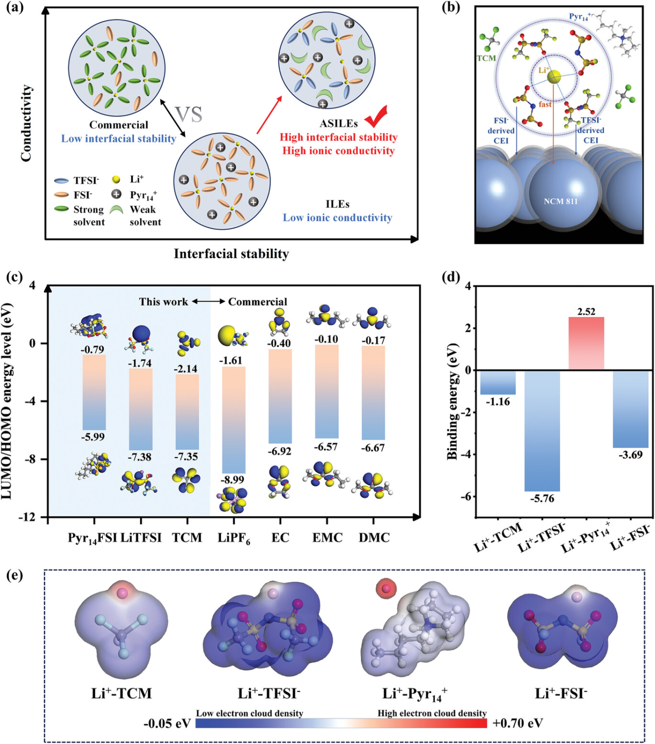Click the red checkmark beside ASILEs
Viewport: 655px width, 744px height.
pyautogui.click(x=376, y=117)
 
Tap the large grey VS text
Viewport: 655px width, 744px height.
pyautogui.click(x=189, y=114)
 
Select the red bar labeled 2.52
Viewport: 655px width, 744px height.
pyautogui.click(x=586, y=343)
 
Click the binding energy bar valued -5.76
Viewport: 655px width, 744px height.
pyautogui.click(x=542, y=430)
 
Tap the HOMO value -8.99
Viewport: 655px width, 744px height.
pyautogui.click(x=232, y=480)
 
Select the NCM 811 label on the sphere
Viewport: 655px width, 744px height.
pyautogui.click(x=560, y=201)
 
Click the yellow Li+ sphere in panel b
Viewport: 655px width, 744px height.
pyautogui.click(x=554, y=77)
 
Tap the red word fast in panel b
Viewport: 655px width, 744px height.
pyautogui.click(x=545, y=104)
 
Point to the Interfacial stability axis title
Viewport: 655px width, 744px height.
pyautogui.click(x=231, y=254)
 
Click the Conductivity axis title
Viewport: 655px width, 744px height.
pyautogui.click(x=27, y=123)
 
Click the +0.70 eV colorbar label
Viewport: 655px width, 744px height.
pyautogui.click(x=517, y=723)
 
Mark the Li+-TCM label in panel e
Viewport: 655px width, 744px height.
pyautogui.click(x=122, y=694)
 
